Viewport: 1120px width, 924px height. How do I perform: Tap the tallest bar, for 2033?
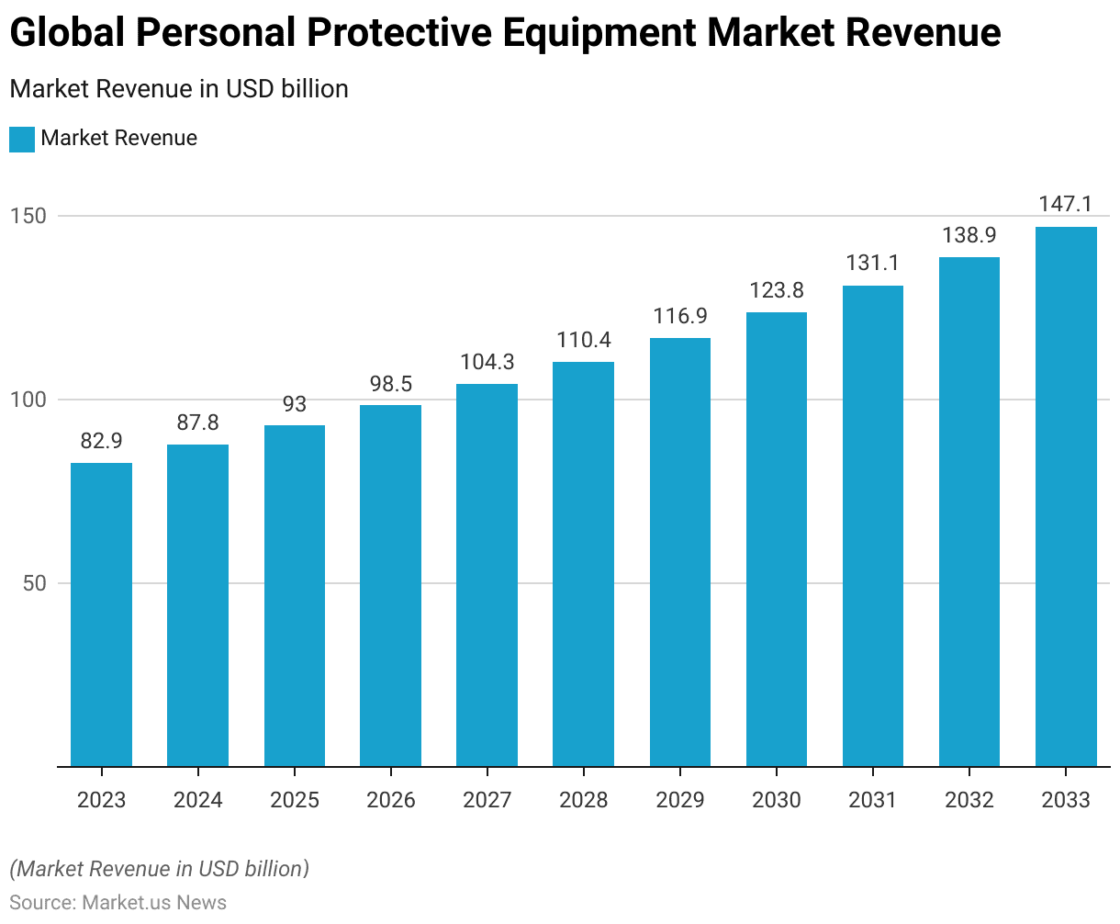point(1066,496)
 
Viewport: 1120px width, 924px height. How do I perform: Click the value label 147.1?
point(1066,204)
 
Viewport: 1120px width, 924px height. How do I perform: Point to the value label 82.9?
point(101,441)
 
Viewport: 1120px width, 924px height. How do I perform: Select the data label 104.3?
point(487,362)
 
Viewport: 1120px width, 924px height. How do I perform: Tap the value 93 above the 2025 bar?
point(295,404)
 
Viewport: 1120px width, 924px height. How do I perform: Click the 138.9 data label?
point(969,235)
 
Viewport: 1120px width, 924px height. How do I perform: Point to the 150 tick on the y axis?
point(28,216)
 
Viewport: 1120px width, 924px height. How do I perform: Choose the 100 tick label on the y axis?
point(28,400)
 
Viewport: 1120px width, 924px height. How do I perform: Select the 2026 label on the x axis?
point(391,800)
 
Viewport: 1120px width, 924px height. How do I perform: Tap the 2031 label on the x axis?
point(872,800)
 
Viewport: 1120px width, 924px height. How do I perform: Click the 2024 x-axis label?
point(197,800)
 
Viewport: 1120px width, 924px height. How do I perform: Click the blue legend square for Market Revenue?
point(22,139)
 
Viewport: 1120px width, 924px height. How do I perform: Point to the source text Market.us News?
point(154,902)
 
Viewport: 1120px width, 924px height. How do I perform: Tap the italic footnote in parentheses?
point(159,869)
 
